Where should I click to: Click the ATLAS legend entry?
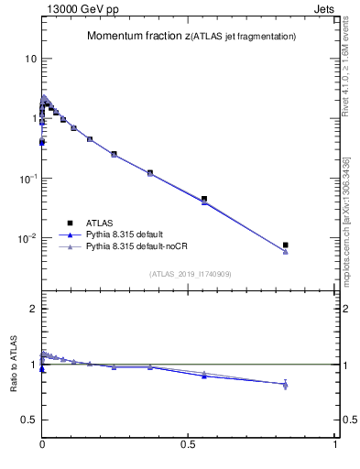(99, 222)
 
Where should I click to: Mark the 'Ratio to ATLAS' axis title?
(12, 365)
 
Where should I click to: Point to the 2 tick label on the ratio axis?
(33, 309)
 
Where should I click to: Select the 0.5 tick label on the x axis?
(189, 442)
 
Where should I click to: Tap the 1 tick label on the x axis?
(335, 442)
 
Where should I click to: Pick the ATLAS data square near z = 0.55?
(204, 199)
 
